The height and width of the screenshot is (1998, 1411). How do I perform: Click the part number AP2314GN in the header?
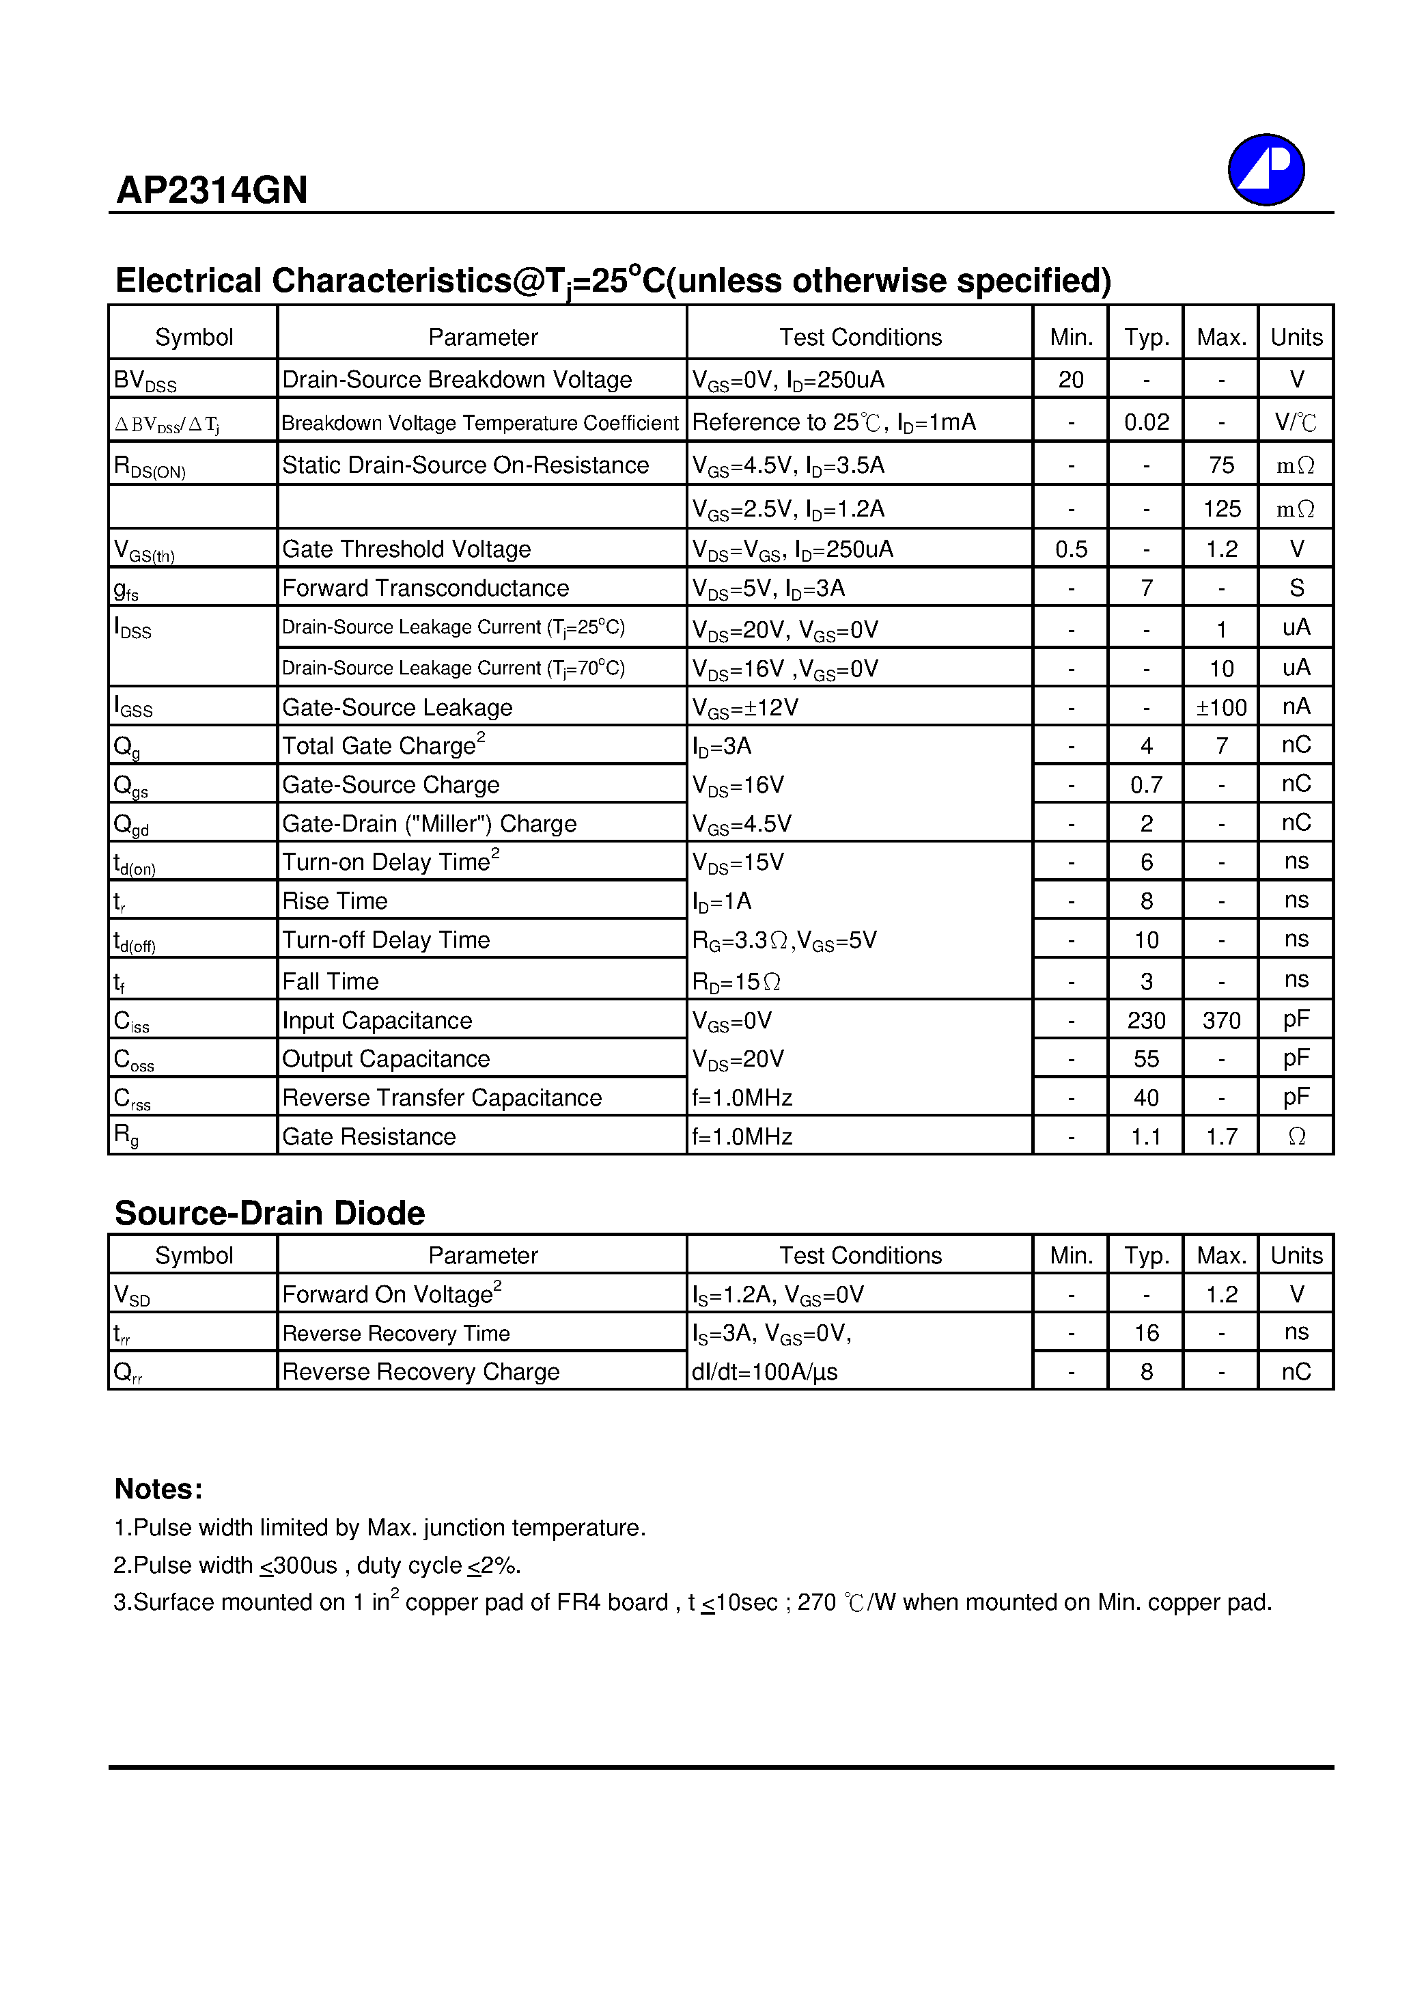(212, 190)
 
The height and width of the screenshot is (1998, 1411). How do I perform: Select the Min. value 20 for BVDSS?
(1070, 379)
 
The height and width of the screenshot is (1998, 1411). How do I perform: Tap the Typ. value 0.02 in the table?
(1146, 422)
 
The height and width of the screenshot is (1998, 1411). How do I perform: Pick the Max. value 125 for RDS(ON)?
(1220, 509)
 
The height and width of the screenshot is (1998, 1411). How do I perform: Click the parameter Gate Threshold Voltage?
(406, 549)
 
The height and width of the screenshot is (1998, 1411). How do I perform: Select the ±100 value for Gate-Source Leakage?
(1220, 707)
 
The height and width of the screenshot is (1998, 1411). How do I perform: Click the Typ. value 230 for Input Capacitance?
(1146, 1020)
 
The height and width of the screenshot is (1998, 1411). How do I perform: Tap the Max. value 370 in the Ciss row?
(1220, 1020)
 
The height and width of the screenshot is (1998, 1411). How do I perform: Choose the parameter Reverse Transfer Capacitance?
(441, 1097)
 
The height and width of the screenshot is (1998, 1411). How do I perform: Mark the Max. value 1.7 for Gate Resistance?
(1220, 1136)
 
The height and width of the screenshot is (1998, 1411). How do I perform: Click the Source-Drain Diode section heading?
(270, 1213)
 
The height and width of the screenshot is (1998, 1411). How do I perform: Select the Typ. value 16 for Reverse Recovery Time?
(1146, 1333)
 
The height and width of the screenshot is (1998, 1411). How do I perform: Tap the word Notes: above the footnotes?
(158, 1489)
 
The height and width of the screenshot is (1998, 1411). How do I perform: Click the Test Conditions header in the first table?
(859, 338)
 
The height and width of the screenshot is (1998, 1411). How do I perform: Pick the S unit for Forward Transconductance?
(1296, 588)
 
